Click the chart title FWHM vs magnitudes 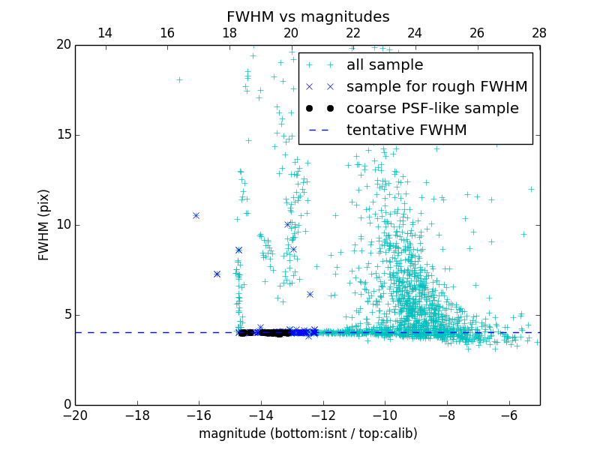pyautogui.click(x=307, y=16)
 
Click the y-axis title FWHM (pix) pyautogui.click(x=44, y=225)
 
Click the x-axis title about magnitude pyautogui.click(x=307, y=433)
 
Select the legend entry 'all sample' pyautogui.click(x=385, y=65)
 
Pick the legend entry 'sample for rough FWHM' pyautogui.click(x=436, y=87)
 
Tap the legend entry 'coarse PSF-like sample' pyautogui.click(x=432, y=109)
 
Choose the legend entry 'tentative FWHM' pyautogui.click(x=406, y=130)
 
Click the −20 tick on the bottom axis pyautogui.click(x=75, y=415)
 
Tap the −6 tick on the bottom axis pyautogui.click(x=508, y=415)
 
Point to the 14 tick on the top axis pyautogui.click(x=105, y=33)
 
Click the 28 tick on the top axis pyautogui.click(x=539, y=33)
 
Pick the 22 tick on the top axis pyautogui.click(x=353, y=33)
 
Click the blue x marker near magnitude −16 pyautogui.click(x=196, y=215)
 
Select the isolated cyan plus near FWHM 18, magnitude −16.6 pyautogui.click(x=179, y=79)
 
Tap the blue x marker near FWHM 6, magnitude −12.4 pyautogui.click(x=310, y=294)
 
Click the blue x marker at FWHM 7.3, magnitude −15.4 pyautogui.click(x=217, y=274)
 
